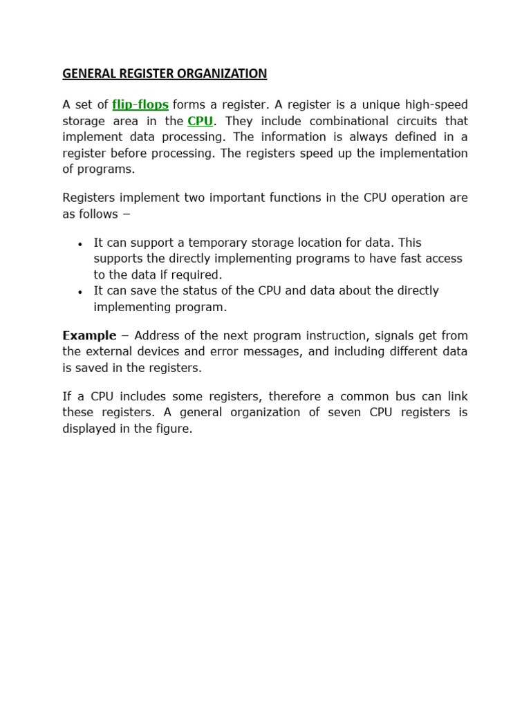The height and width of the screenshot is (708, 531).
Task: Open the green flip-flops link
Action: coord(140,104)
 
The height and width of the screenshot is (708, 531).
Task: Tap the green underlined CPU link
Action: coord(201,121)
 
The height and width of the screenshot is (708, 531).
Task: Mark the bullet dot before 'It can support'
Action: coord(80,244)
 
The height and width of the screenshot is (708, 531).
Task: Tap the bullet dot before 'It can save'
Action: coord(80,292)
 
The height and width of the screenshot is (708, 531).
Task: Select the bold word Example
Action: coord(89,335)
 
